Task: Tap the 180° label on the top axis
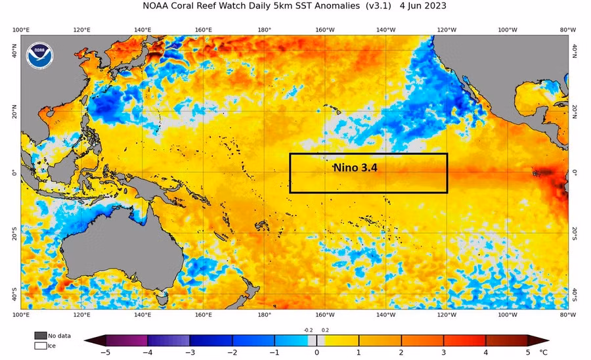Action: coord(265,30)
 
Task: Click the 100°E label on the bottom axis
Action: coord(21,315)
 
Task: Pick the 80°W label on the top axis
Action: coord(568,30)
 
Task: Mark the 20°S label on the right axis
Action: coord(574,233)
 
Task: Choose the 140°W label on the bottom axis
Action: coord(385,315)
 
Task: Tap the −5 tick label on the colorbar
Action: coord(105,353)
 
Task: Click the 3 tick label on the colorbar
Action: coord(445,353)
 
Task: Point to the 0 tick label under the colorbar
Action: coord(317,353)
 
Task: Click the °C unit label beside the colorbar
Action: coord(542,353)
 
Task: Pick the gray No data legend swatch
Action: coord(41,336)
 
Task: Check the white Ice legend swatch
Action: coord(41,346)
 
